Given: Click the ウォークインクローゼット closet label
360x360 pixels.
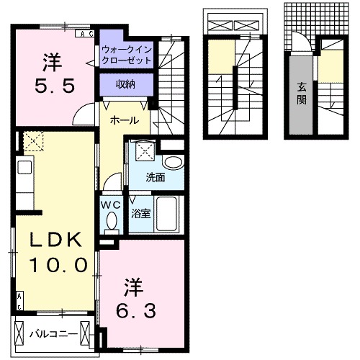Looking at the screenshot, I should pyautogui.click(x=127, y=55).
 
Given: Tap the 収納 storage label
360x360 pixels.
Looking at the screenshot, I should pyautogui.click(x=127, y=85).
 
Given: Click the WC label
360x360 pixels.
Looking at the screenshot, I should pyautogui.click(x=110, y=204).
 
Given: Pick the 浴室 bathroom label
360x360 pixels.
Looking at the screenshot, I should pyautogui.click(x=140, y=213).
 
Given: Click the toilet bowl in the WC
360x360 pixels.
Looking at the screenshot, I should pyautogui.click(x=110, y=225).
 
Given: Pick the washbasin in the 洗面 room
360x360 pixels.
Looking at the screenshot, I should pyautogui.click(x=172, y=163).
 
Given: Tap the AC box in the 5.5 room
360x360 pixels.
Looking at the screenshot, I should pyautogui.click(x=86, y=34).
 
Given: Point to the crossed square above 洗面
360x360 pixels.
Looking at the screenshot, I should pyautogui.click(x=145, y=151).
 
